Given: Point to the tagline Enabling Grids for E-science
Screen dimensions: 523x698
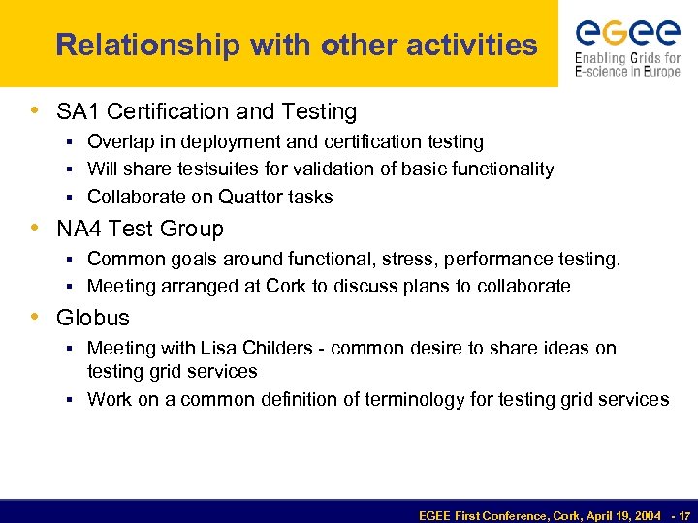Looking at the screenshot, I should (627, 65).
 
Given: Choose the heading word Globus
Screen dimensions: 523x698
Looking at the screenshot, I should (93, 318).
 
